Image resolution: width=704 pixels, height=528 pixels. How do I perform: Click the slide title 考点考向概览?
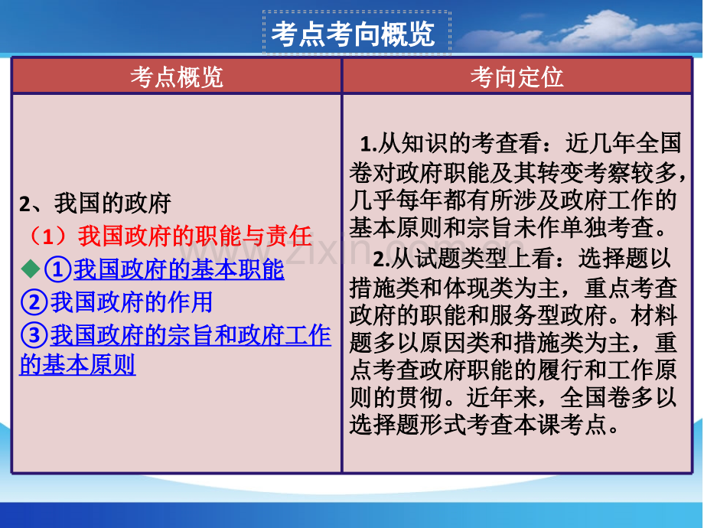point(354,34)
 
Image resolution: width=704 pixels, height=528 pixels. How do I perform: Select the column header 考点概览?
point(177,77)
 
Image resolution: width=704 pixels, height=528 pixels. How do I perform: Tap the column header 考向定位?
point(517,77)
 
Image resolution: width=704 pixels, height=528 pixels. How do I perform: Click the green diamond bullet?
point(31,269)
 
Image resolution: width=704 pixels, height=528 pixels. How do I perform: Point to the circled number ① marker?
point(58,269)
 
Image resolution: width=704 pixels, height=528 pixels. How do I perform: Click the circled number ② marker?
point(34,302)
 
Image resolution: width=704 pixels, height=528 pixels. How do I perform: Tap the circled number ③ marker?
point(34,335)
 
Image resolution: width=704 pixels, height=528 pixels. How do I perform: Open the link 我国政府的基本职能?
point(179,269)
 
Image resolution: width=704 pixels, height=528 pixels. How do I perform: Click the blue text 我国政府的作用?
point(131,301)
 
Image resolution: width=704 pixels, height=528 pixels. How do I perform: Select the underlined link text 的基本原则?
point(77,364)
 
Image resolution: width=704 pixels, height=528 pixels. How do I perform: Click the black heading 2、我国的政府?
point(95,204)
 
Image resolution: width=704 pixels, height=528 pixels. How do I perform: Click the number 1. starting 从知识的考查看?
point(369,144)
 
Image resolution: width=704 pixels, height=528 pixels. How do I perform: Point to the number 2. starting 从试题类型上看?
point(382,259)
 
